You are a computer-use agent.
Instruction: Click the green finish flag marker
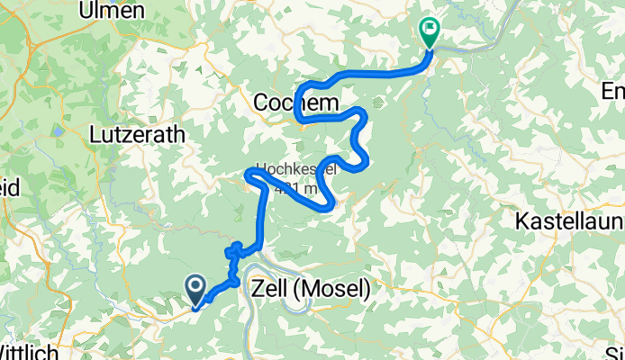pos(429,33)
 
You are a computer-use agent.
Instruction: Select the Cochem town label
pos(296,104)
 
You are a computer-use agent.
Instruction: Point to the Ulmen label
pos(112,10)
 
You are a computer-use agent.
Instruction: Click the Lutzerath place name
pos(138,134)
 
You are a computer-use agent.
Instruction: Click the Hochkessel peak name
pos(296,168)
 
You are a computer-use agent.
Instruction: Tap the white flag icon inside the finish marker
pos(430,30)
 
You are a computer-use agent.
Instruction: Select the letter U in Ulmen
pos(87,10)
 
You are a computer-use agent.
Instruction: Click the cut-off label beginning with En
pos(613,91)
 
